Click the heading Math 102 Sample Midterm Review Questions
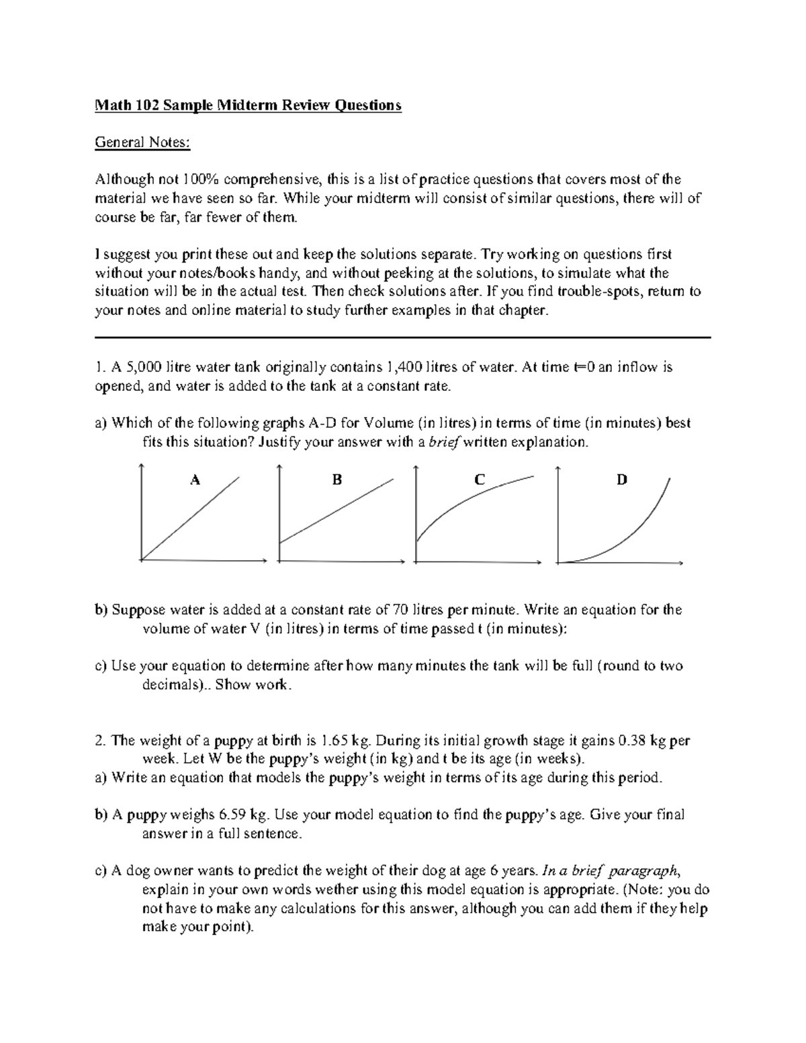pyautogui.click(x=249, y=105)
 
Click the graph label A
pyautogui.click(x=195, y=480)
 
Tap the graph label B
pyautogui.click(x=337, y=480)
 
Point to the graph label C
pyautogui.click(x=479, y=480)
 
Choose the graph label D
pyautogui.click(x=622, y=480)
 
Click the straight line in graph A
pyautogui.click(x=191, y=517)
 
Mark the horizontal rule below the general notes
pyautogui.click(x=403, y=338)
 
